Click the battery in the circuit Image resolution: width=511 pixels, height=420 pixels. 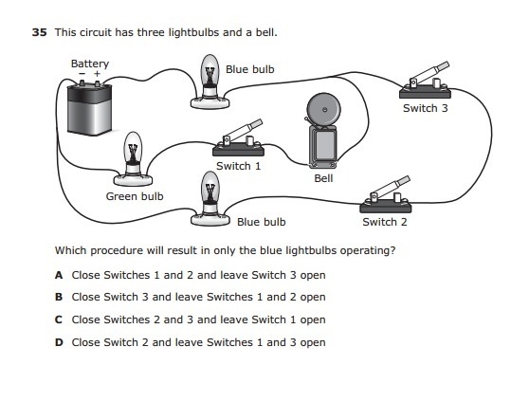click(x=90, y=108)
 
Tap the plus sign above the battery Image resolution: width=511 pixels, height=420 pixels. click(x=97, y=74)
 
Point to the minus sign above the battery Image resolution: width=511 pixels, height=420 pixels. click(x=82, y=74)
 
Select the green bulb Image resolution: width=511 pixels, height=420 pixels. click(x=133, y=158)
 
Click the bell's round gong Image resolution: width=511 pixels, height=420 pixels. click(x=324, y=110)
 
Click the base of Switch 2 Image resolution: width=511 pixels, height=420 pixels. click(x=386, y=208)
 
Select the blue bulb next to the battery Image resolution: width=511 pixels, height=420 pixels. click(x=210, y=82)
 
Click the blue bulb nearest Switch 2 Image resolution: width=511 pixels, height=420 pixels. click(x=210, y=199)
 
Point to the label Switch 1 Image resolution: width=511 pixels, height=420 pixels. click(x=239, y=166)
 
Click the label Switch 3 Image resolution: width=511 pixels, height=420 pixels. click(x=426, y=108)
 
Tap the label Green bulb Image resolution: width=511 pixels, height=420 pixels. click(x=135, y=196)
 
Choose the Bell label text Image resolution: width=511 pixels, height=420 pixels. click(x=323, y=178)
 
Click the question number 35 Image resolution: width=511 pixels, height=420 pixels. click(x=40, y=32)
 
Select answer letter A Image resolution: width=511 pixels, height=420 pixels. click(x=59, y=275)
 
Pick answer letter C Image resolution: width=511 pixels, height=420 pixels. click(x=59, y=320)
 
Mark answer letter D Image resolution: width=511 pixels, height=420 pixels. click(x=59, y=342)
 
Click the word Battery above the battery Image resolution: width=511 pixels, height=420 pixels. click(x=90, y=64)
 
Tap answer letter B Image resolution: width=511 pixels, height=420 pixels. click(x=59, y=297)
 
